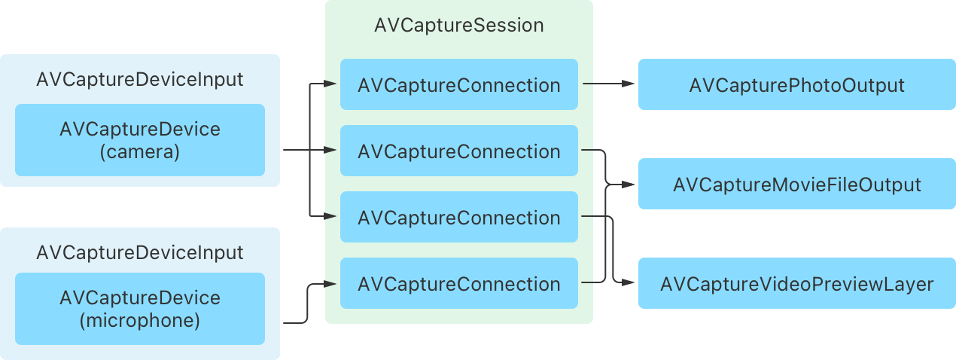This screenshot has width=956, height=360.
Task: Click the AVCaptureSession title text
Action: click(x=458, y=25)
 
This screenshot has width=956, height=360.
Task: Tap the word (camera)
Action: click(x=139, y=152)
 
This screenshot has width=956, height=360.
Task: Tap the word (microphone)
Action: click(x=139, y=321)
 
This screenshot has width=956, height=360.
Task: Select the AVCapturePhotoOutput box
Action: click(x=796, y=85)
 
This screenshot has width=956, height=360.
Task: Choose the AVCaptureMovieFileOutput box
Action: click(x=796, y=184)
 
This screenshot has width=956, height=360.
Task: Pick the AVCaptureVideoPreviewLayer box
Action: click(x=796, y=284)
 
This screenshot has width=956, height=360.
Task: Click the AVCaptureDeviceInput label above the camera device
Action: click(x=139, y=79)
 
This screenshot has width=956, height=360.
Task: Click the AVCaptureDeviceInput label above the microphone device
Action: click(x=139, y=252)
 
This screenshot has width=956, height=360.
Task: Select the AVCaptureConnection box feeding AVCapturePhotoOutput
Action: click(x=458, y=85)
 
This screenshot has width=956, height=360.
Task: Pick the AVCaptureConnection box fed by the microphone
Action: click(x=458, y=284)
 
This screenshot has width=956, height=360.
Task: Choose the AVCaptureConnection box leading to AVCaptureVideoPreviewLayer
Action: click(x=458, y=218)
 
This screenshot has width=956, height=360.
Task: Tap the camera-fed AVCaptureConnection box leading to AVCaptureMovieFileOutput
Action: click(x=458, y=151)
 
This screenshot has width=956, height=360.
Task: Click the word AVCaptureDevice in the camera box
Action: click(x=139, y=129)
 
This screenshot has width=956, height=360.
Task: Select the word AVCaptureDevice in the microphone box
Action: click(x=139, y=297)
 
